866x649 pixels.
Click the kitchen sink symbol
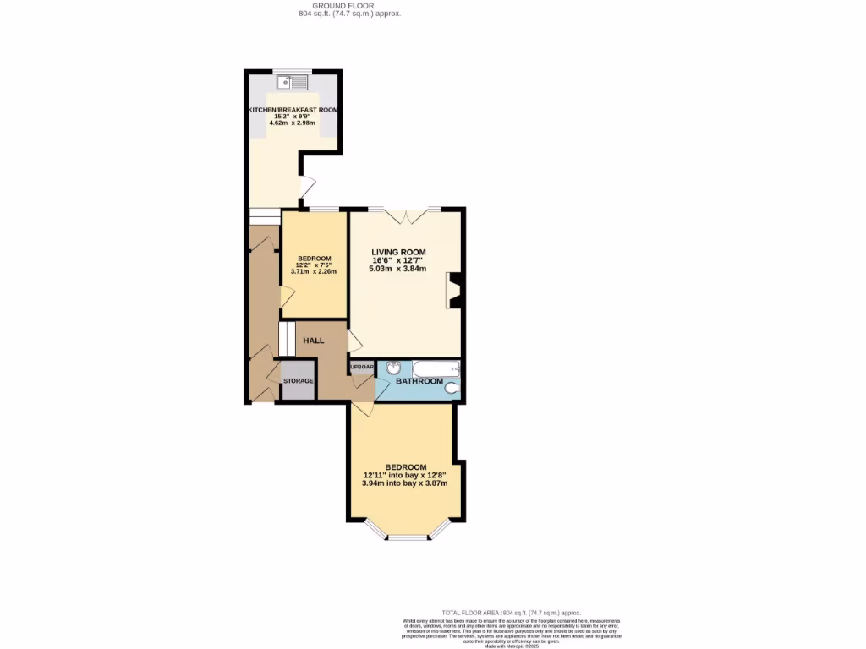[x=292, y=82]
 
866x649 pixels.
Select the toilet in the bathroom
[x=452, y=388]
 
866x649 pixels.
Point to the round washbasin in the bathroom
[x=394, y=368]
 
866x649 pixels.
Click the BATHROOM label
[x=420, y=382]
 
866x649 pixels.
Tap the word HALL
[x=314, y=341]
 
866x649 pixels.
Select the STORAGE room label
[x=299, y=381]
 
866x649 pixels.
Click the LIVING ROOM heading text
[x=398, y=252]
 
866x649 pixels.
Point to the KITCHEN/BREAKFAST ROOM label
[x=293, y=111]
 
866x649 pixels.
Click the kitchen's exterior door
[x=306, y=186]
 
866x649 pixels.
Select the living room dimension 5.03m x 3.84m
[x=397, y=270]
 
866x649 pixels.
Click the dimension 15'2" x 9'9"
[x=292, y=117]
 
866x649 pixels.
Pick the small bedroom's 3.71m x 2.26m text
[x=314, y=271]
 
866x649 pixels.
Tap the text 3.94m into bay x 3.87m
[x=404, y=483]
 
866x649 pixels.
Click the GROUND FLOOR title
[x=337, y=6]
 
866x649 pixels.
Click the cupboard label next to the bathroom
[x=361, y=368]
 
